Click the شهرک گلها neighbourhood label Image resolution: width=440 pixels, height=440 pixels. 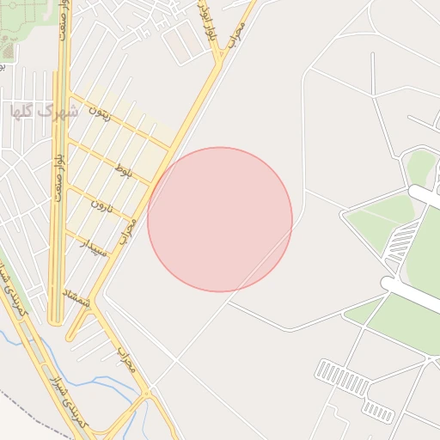(x=43, y=111)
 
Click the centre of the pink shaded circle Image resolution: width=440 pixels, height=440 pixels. (x=220, y=219)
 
